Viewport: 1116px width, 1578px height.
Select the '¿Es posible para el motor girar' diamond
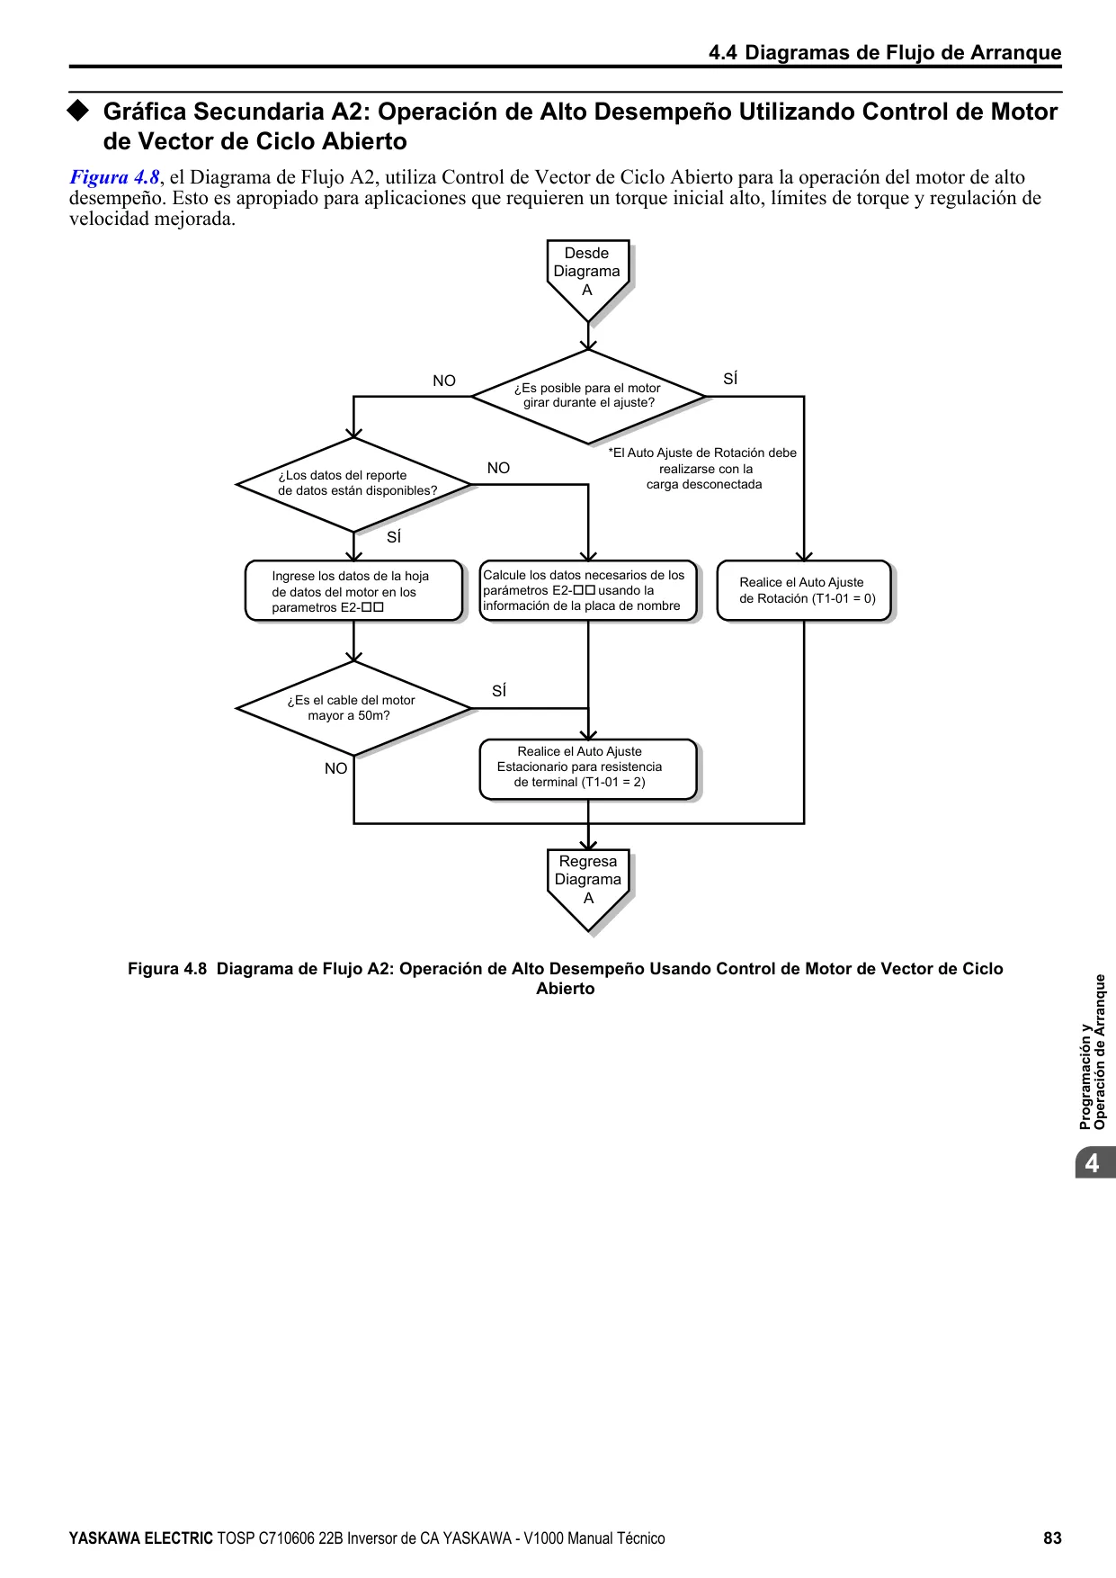coord(588,396)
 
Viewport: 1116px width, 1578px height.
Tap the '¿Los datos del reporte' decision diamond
coord(354,484)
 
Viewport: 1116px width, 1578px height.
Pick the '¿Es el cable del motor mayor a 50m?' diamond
coord(354,708)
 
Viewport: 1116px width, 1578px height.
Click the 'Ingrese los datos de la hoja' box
coord(354,591)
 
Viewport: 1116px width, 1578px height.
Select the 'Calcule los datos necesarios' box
coord(588,590)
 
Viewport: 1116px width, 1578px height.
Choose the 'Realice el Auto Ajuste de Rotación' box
coord(804,590)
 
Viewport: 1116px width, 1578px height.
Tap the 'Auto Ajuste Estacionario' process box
coord(588,769)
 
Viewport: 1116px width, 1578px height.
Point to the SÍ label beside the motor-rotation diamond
coord(730,380)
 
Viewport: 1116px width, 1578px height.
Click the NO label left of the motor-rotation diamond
coord(444,381)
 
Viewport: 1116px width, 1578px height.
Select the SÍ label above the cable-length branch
coord(499,691)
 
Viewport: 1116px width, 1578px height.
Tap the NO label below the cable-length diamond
coord(335,768)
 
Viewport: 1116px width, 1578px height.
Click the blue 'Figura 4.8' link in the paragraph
coord(115,177)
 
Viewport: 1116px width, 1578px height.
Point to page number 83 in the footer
coord(1052,1538)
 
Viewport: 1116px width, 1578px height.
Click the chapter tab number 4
coord(1092,1163)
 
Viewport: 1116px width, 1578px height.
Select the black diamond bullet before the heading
coord(79,111)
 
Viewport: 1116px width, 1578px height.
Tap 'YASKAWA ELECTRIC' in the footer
coord(141,1538)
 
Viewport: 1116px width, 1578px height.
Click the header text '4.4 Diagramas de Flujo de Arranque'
coord(885,52)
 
